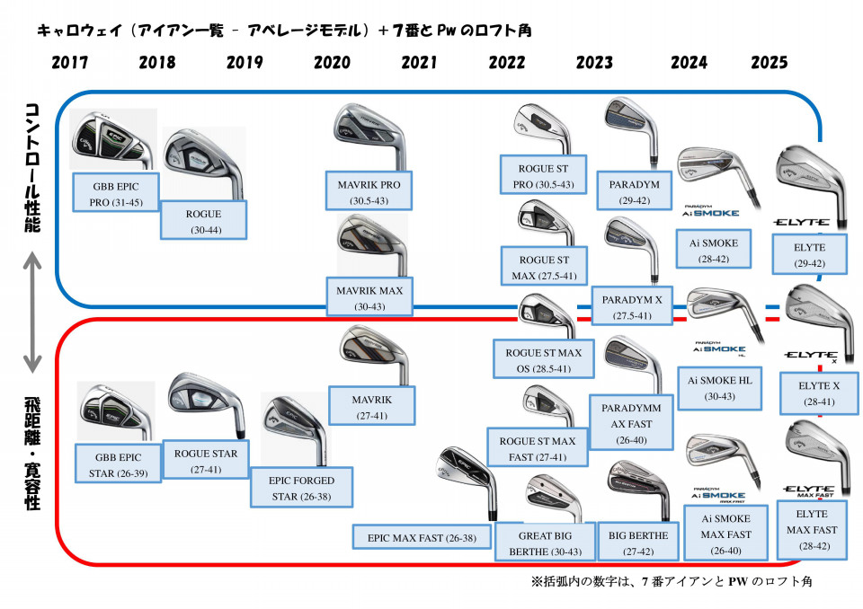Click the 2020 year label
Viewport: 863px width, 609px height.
pos(332,63)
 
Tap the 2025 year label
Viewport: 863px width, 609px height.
pos(770,63)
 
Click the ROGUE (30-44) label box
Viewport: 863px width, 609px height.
pos(203,220)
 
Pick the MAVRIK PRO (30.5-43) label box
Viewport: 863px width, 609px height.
pos(369,190)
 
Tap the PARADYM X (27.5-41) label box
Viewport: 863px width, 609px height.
pos(631,306)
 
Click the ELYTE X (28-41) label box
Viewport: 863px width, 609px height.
pos(819,393)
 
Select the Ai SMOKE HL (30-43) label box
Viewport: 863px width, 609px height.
pos(719,387)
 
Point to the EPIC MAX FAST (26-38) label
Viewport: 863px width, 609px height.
pos(422,537)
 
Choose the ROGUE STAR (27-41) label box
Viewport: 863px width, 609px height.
pos(206,460)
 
